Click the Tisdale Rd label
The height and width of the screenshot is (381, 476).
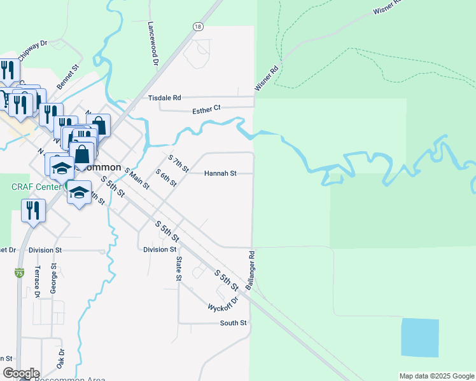pyautogui.click(x=165, y=98)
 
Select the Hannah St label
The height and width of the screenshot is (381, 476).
pyautogui.click(x=220, y=173)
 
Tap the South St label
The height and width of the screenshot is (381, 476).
pyautogui.click(x=233, y=323)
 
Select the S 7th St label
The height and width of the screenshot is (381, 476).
pyautogui.click(x=179, y=163)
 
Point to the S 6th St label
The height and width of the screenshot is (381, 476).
pyautogui.click(x=166, y=178)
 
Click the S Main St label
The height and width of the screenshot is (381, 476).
pyautogui.click(x=137, y=178)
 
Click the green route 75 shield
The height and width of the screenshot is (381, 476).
pyautogui.click(x=20, y=273)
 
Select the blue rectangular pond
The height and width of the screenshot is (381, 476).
pyautogui.click(x=420, y=337)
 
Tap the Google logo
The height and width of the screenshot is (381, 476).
pyautogui.click(x=21, y=373)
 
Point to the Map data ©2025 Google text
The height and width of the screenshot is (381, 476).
pyautogui.click(x=436, y=376)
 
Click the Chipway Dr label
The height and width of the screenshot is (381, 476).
pyautogui.click(x=32, y=50)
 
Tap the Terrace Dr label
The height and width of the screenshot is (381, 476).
pyautogui.click(x=37, y=282)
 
